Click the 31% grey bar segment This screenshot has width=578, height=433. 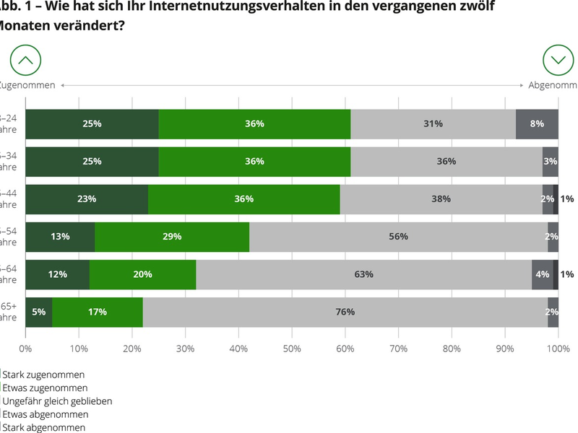click(x=433, y=123)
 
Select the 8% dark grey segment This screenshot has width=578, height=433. click(x=537, y=123)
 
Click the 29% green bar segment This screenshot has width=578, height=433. click(x=171, y=237)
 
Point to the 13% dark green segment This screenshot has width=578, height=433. click(x=60, y=237)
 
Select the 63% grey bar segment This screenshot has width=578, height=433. click(x=363, y=274)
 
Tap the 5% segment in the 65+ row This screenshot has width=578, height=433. click(x=39, y=312)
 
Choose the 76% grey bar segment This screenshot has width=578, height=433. click(x=345, y=312)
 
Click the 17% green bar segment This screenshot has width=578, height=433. click(x=97, y=312)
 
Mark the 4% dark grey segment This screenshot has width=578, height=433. click(x=542, y=274)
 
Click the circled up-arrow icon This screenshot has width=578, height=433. click(x=25, y=60)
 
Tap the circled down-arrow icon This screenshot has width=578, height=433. click(x=558, y=60)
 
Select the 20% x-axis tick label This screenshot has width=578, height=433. click(x=132, y=349)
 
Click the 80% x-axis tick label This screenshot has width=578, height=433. click(x=452, y=349)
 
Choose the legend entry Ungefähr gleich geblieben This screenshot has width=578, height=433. click(x=57, y=401)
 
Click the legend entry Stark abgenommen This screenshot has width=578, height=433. click(x=44, y=427)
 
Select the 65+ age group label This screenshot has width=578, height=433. click(x=9, y=312)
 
